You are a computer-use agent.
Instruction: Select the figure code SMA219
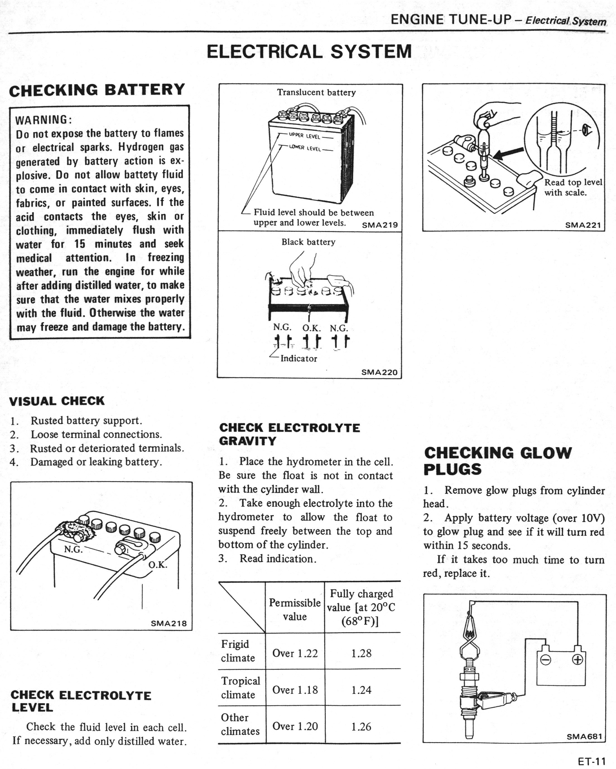point(379,225)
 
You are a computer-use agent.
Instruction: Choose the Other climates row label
point(240,724)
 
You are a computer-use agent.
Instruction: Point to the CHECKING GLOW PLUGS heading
point(497,461)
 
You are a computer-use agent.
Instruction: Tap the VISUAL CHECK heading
point(57,401)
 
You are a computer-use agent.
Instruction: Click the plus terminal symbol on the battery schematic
point(577,660)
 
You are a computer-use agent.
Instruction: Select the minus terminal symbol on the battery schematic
point(545,660)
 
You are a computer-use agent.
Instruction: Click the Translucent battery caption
point(316,92)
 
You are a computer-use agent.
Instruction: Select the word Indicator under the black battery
point(299,358)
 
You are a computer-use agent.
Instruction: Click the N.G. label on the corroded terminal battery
point(73,549)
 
